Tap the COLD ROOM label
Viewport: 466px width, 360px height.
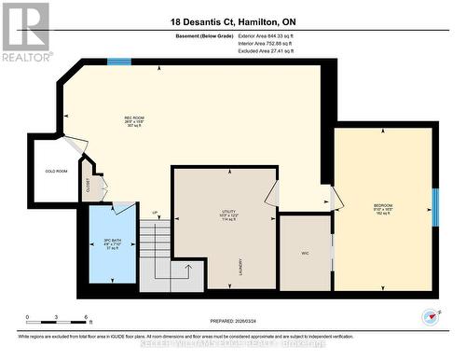point(56,172)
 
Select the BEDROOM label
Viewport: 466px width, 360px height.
point(383,207)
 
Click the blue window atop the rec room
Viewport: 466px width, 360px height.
point(118,62)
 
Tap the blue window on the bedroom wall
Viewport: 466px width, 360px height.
point(434,207)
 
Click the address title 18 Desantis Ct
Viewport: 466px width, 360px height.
point(233,21)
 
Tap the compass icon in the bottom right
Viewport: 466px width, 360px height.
point(429,315)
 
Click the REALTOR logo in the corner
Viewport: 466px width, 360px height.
point(26,33)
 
